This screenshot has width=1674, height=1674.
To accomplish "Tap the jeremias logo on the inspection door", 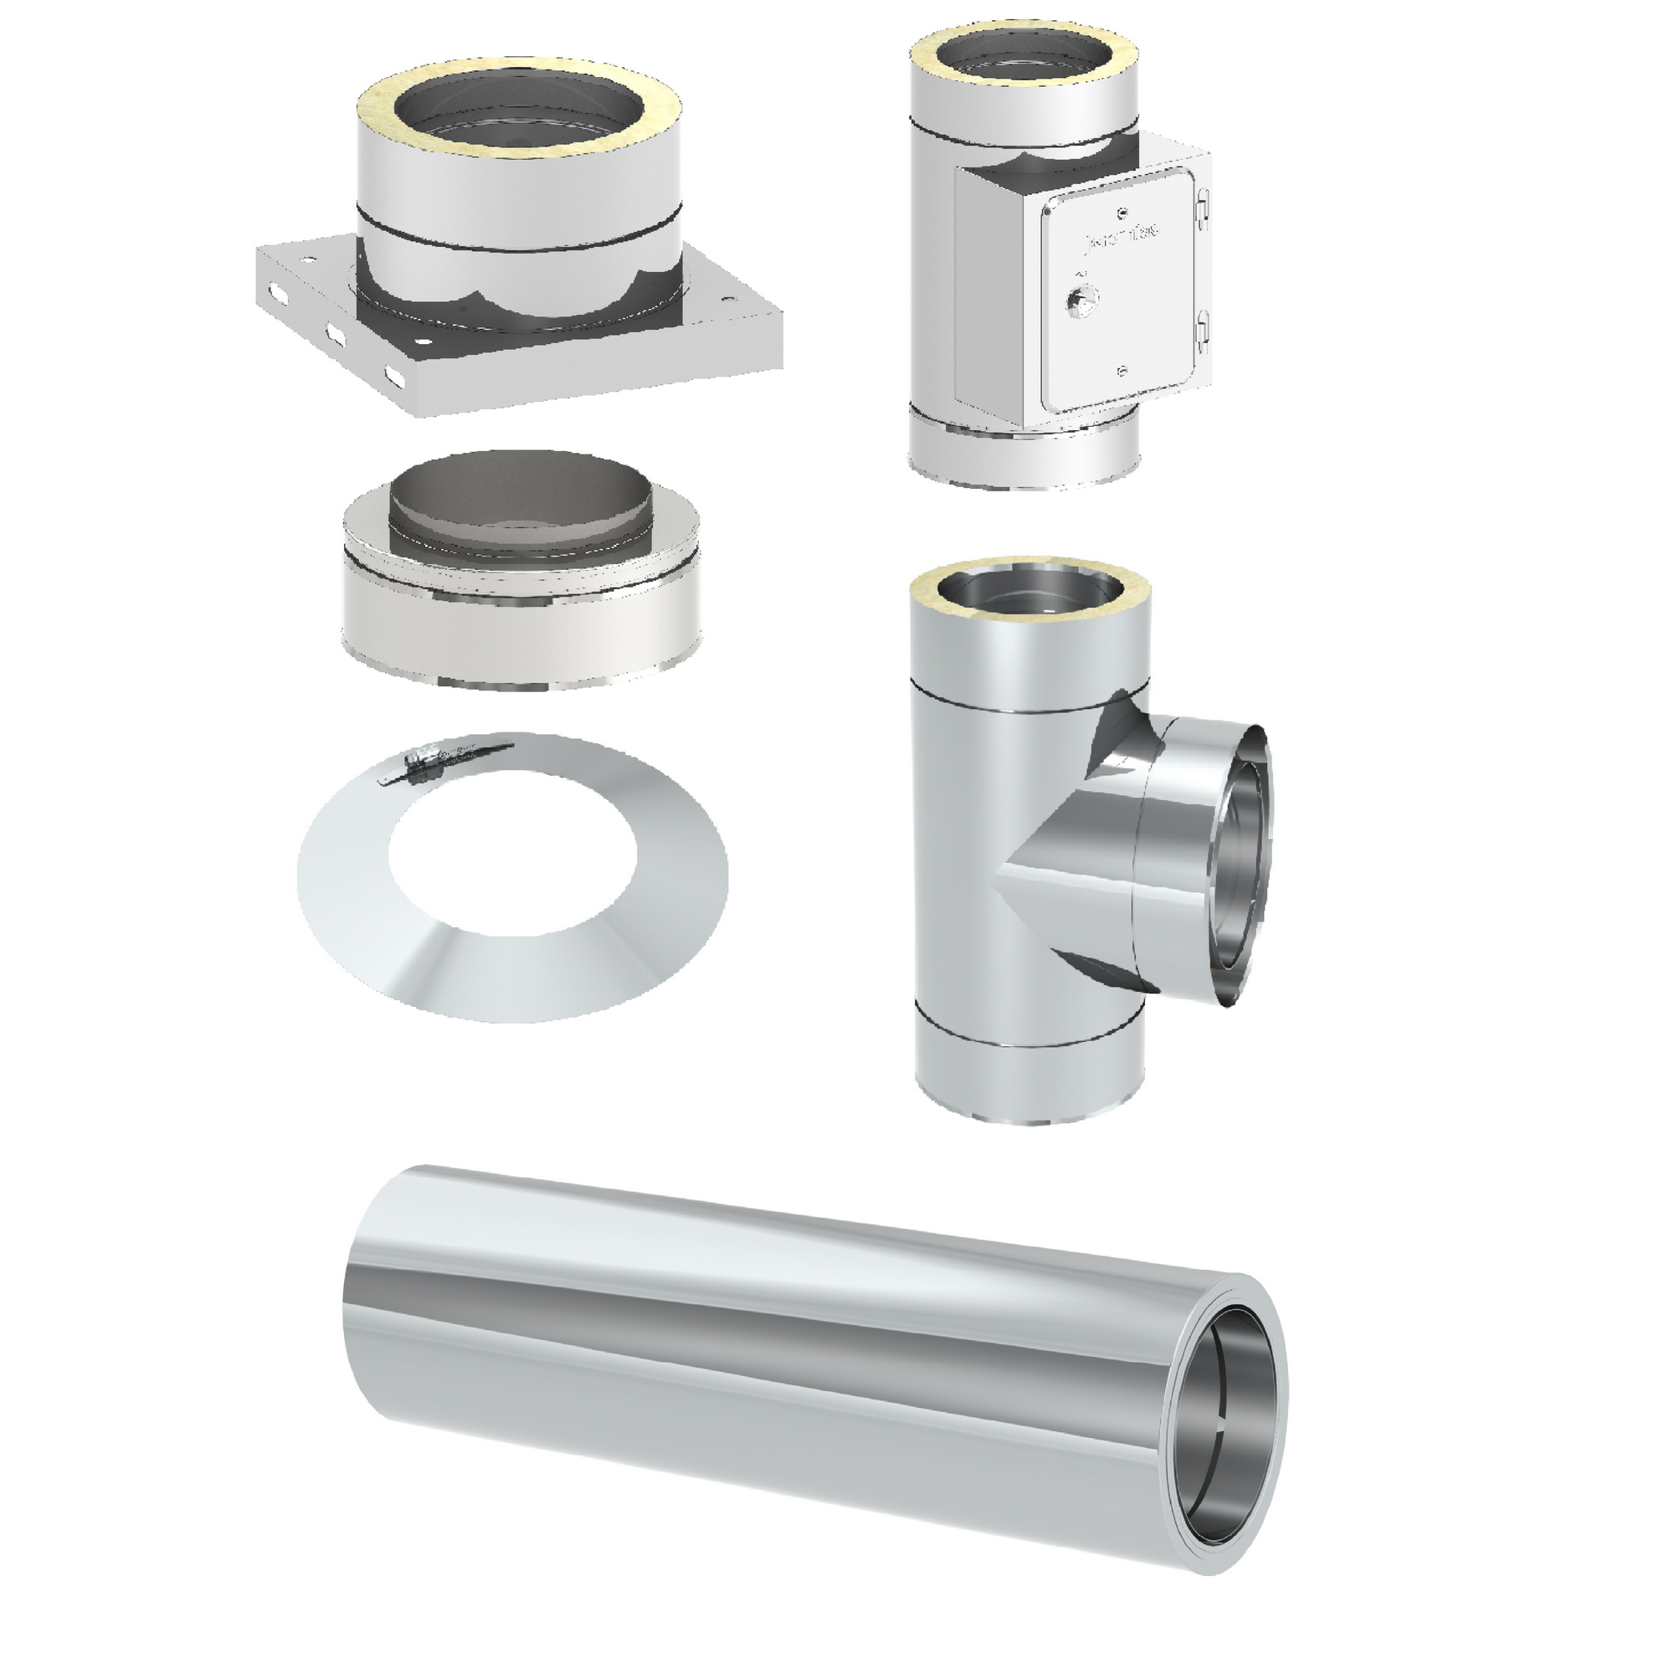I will pos(1124,236).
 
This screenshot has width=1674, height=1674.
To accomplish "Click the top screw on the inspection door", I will pos(1123,211).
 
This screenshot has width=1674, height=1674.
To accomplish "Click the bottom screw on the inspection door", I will pos(1123,371).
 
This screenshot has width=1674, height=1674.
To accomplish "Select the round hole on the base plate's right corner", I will pos(724,302).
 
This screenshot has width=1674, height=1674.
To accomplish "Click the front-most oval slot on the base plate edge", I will pos(397,377).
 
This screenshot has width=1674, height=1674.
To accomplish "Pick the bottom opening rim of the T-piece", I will pos(1030,1118).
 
